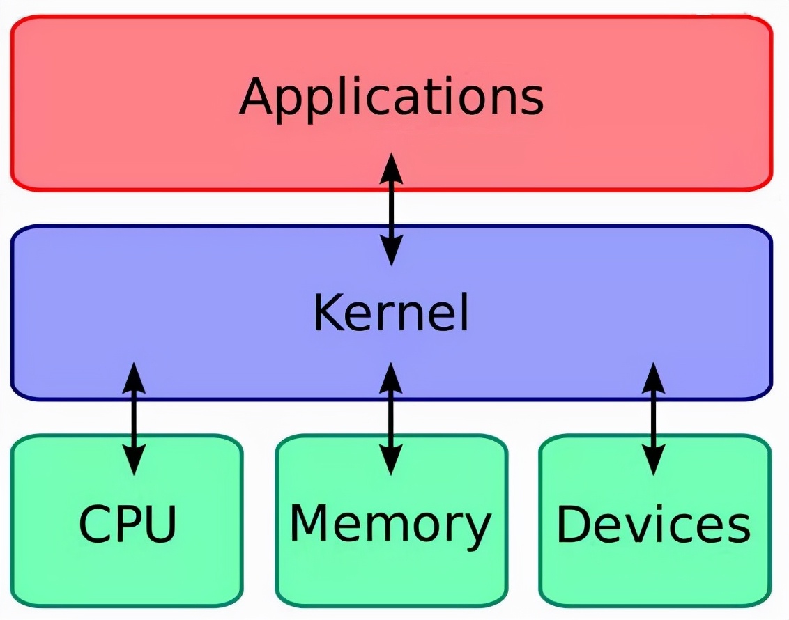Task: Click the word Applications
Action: [x=391, y=98]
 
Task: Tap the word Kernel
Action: [x=391, y=313]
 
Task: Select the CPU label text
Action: [x=128, y=524]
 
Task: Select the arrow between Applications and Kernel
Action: [x=391, y=208]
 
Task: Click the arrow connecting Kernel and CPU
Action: [x=133, y=418]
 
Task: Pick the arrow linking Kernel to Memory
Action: [x=391, y=418]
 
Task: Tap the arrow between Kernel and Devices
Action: [x=653, y=418]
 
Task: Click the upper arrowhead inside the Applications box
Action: [x=391, y=168]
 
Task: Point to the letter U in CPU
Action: [x=159, y=524]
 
